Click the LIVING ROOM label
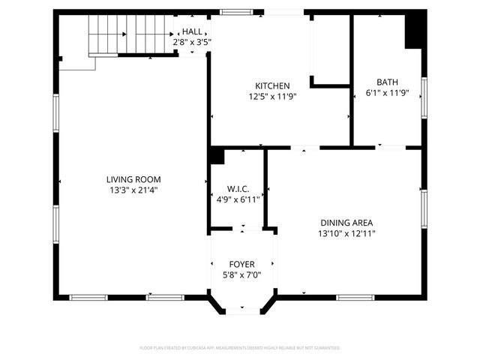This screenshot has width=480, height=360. (133, 179)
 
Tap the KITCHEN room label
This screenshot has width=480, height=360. (272, 85)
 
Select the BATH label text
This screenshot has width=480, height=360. (387, 82)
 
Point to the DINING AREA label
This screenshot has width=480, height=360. (346, 223)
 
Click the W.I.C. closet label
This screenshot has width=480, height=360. (238, 189)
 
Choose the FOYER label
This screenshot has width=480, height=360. (241, 265)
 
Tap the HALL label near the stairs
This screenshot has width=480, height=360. (192, 31)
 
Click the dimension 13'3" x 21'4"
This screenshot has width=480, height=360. (133, 190)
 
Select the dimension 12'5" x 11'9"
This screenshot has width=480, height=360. (272, 96)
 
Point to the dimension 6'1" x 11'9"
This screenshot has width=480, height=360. (387, 93)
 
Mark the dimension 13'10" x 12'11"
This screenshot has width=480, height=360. (346, 233)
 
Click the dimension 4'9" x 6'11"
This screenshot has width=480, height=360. (238, 199)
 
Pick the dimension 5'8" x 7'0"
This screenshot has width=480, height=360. (241, 275)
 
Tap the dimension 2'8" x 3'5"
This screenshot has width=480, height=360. (192, 42)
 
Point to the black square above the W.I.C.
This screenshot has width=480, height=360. (217, 155)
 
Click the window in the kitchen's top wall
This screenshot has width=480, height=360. (235, 12)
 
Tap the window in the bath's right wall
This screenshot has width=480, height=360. (424, 98)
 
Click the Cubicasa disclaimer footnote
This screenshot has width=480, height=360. (240, 348)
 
